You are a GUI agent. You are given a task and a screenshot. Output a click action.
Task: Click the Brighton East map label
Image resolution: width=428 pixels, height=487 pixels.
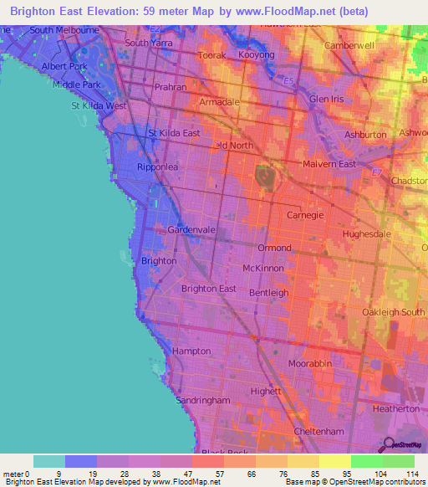click(x=208, y=289)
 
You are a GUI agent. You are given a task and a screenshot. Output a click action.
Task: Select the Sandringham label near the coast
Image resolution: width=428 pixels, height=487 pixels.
click(x=203, y=401)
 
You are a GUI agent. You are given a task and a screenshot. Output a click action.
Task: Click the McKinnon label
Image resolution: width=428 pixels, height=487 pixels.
click(x=262, y=268)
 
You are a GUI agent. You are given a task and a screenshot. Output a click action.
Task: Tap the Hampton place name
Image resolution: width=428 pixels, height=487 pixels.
click(x=191, y=351)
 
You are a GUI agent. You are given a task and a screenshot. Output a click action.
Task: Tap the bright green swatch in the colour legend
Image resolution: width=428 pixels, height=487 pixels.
click(x=366, y=461)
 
